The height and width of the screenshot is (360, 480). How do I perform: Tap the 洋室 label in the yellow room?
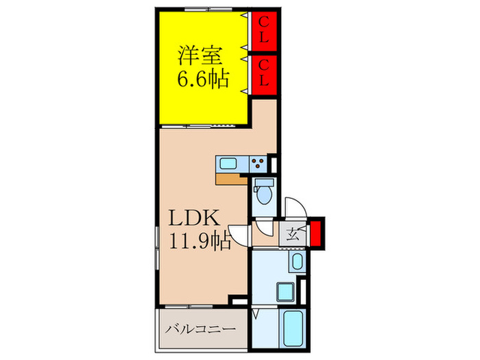pyautogui.click(x=195, y=53)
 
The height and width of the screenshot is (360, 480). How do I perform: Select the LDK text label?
pyautogui.click(x=195, y=219)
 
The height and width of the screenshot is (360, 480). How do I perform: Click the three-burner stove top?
pyautogui.click(x=258, y=163)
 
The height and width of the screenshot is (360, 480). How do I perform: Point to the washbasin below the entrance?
pyautogui.click(x=298, y=261)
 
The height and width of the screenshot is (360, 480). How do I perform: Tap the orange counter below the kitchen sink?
pyautogui.click(x=229, y=180)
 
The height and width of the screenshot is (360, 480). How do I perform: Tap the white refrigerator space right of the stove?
pyautogui.click(x=273, y=164)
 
